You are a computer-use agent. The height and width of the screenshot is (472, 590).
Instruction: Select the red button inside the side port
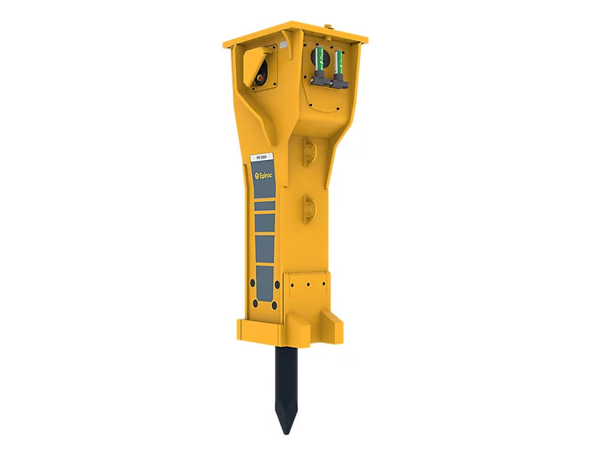point(261,74)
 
